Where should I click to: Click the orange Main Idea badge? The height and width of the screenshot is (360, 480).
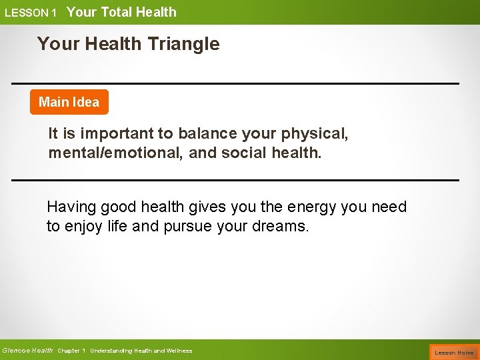click(x=69, y=102)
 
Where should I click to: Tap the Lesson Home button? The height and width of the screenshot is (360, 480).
click(x=454, y=352)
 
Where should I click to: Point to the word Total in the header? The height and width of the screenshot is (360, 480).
click(x=116, y=12)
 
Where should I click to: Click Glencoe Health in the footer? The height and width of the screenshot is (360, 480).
click(x=27, y=351)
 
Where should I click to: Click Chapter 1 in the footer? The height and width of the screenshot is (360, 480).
click(x=71, y=351)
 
